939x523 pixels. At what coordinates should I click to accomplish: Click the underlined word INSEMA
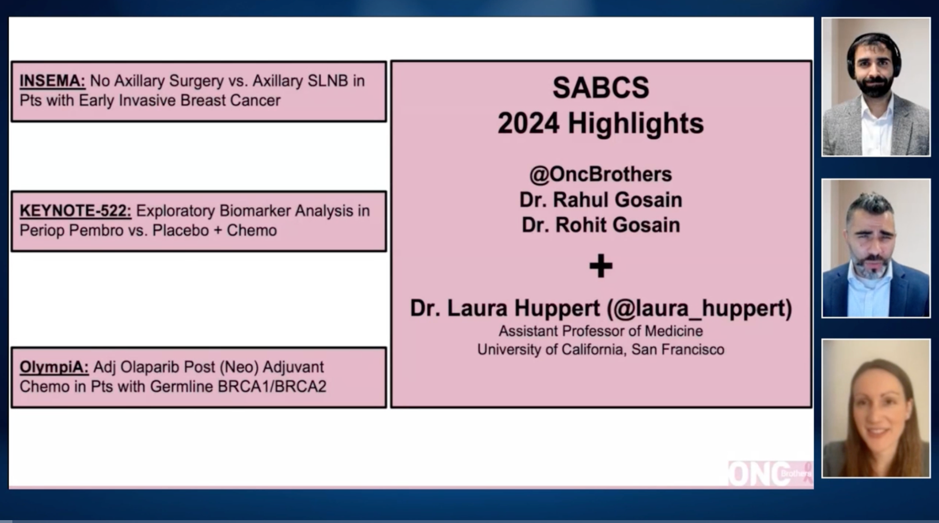pos(52,81)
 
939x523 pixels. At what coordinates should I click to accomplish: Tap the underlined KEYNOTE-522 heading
pos(75,211)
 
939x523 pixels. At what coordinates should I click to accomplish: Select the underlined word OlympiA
pos(54,367)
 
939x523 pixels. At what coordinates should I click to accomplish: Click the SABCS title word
pos(601,88)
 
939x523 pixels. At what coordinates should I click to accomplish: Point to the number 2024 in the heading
pos(528,124)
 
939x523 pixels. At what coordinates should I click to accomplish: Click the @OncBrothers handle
pos(601,175)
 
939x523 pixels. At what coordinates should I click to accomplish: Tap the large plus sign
pos(601,266)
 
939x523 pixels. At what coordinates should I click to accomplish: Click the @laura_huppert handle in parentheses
pos(699,308)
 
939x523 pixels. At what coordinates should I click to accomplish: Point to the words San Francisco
pos(678,350)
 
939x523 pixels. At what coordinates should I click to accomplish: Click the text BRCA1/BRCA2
pos(272,387)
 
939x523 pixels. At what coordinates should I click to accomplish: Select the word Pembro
pos(96,230)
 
